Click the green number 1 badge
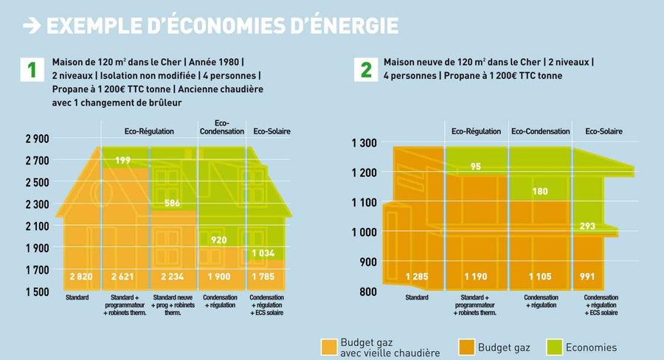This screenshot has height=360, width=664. point(31,70)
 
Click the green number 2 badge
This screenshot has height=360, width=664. point(365,70)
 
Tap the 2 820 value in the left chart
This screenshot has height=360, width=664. point(81,277)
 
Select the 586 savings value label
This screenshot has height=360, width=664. point(172,203)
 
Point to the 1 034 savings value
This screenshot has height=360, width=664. point(263,254)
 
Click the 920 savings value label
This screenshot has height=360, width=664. point(218,240)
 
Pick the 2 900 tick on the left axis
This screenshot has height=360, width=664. point(36,139)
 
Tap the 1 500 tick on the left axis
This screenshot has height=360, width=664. point(36,293)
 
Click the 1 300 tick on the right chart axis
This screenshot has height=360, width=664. point(364,143)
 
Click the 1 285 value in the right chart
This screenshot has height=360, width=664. point(417,277)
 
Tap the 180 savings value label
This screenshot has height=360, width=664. point(540,192)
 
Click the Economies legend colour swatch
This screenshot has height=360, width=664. point(554,347)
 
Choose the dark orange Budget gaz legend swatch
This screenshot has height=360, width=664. point(466,347)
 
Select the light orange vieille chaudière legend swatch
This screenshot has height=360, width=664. point(329,347)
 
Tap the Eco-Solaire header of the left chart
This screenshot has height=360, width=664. point(272,131)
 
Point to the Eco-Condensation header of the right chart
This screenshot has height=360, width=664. point(541,131)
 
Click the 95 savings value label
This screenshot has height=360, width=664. point(476,167)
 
